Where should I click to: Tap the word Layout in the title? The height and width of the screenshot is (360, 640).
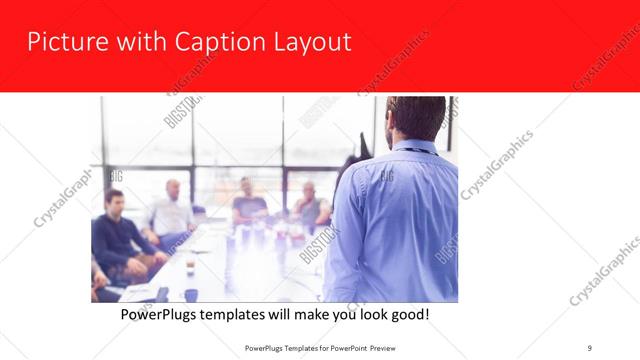pyautogui.click(x=309, y=43)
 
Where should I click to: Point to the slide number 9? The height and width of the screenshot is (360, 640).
pyautogui.click(x=589, y=346)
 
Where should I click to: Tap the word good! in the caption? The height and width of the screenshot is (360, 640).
pyautogui.click(x=408, y=314)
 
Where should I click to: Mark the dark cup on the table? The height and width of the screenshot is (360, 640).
pyautogui.click(x=190, y=294)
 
